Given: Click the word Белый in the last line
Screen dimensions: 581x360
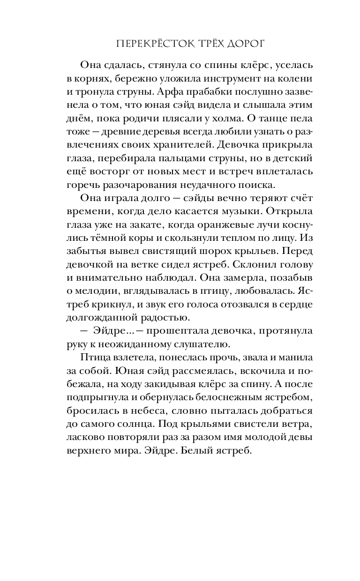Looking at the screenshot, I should point(209,449).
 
